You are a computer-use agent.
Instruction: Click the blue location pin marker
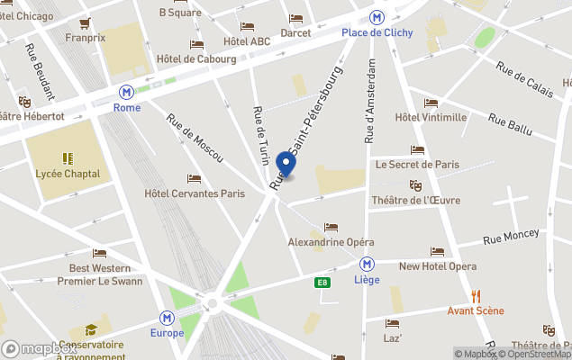pos(286,163)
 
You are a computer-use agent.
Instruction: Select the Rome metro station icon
pos(127,92)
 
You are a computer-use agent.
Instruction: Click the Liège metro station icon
pos(367,264)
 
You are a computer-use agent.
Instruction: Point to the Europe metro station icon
pos(167,318)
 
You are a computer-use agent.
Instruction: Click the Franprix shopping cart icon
pos(86,23)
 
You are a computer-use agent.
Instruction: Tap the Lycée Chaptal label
pos(68,173)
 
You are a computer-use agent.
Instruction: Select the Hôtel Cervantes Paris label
pos(195,193)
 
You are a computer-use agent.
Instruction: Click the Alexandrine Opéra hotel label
pos(331,242)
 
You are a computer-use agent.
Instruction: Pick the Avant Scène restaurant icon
pos(476,296)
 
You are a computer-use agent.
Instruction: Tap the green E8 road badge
pos(321,283)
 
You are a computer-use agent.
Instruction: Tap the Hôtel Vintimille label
pos(431,117)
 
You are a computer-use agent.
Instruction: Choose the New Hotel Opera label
pos(438,265)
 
